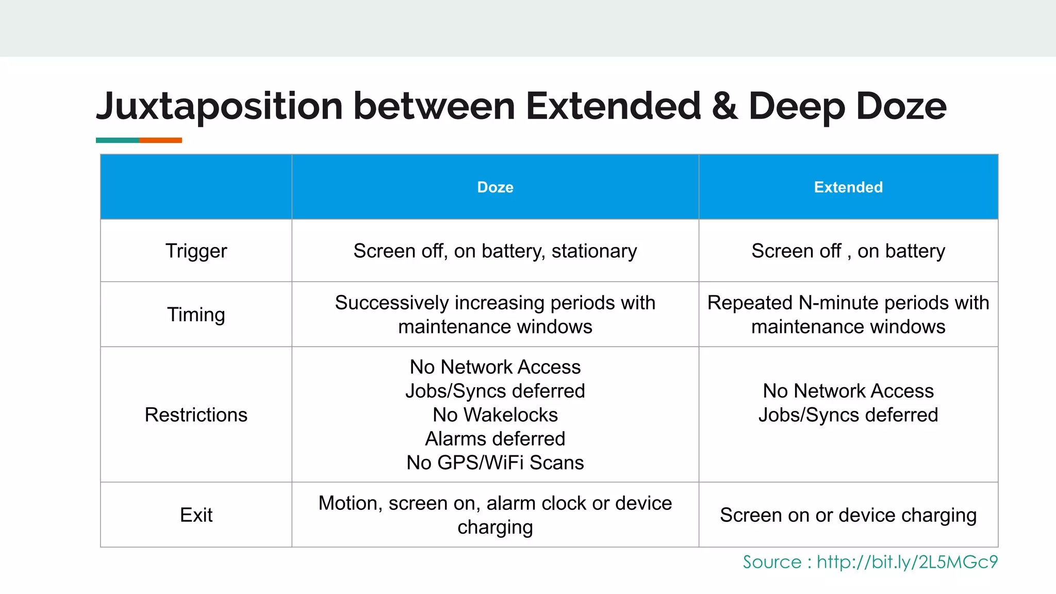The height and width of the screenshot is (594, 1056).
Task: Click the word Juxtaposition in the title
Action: point(219,107)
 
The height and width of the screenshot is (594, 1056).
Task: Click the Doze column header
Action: point(495,187)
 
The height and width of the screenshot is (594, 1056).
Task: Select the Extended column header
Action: point(848,187)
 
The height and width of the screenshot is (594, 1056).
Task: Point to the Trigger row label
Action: point(196,251)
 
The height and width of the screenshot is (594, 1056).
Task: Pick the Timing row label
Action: point(196,315)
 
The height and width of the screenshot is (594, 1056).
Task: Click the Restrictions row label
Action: point(196,415)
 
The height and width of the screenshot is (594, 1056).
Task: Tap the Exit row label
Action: point(196,515)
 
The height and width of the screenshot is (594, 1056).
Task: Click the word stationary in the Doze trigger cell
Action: point(594,251)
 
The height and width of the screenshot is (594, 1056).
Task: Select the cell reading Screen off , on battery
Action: point(848,251)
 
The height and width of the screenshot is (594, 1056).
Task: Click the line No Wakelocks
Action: point(495,415)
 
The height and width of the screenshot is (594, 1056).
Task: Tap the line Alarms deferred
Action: point(495,439)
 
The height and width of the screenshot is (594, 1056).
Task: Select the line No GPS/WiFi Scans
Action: point(495,463)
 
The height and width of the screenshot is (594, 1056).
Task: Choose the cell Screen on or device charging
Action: point(848,515)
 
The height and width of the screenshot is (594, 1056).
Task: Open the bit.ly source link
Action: point(907,562)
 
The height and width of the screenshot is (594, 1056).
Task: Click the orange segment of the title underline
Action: point(160,140)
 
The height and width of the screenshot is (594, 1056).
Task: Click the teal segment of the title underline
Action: point(117,140)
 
